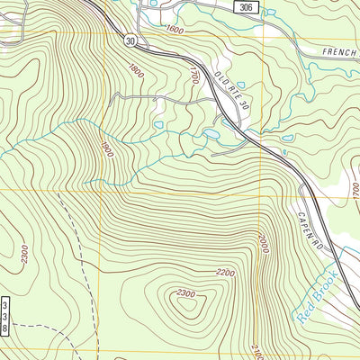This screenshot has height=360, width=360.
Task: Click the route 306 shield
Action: tap(247, 7)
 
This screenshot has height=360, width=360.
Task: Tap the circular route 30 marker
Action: tap(131, 40)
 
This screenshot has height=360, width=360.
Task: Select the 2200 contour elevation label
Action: tap(225, 273)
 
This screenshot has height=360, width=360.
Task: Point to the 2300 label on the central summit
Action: tap(186, 293)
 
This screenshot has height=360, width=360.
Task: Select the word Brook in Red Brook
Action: tap(324, 283)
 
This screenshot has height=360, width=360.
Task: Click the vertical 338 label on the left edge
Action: tap(5, 317)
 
